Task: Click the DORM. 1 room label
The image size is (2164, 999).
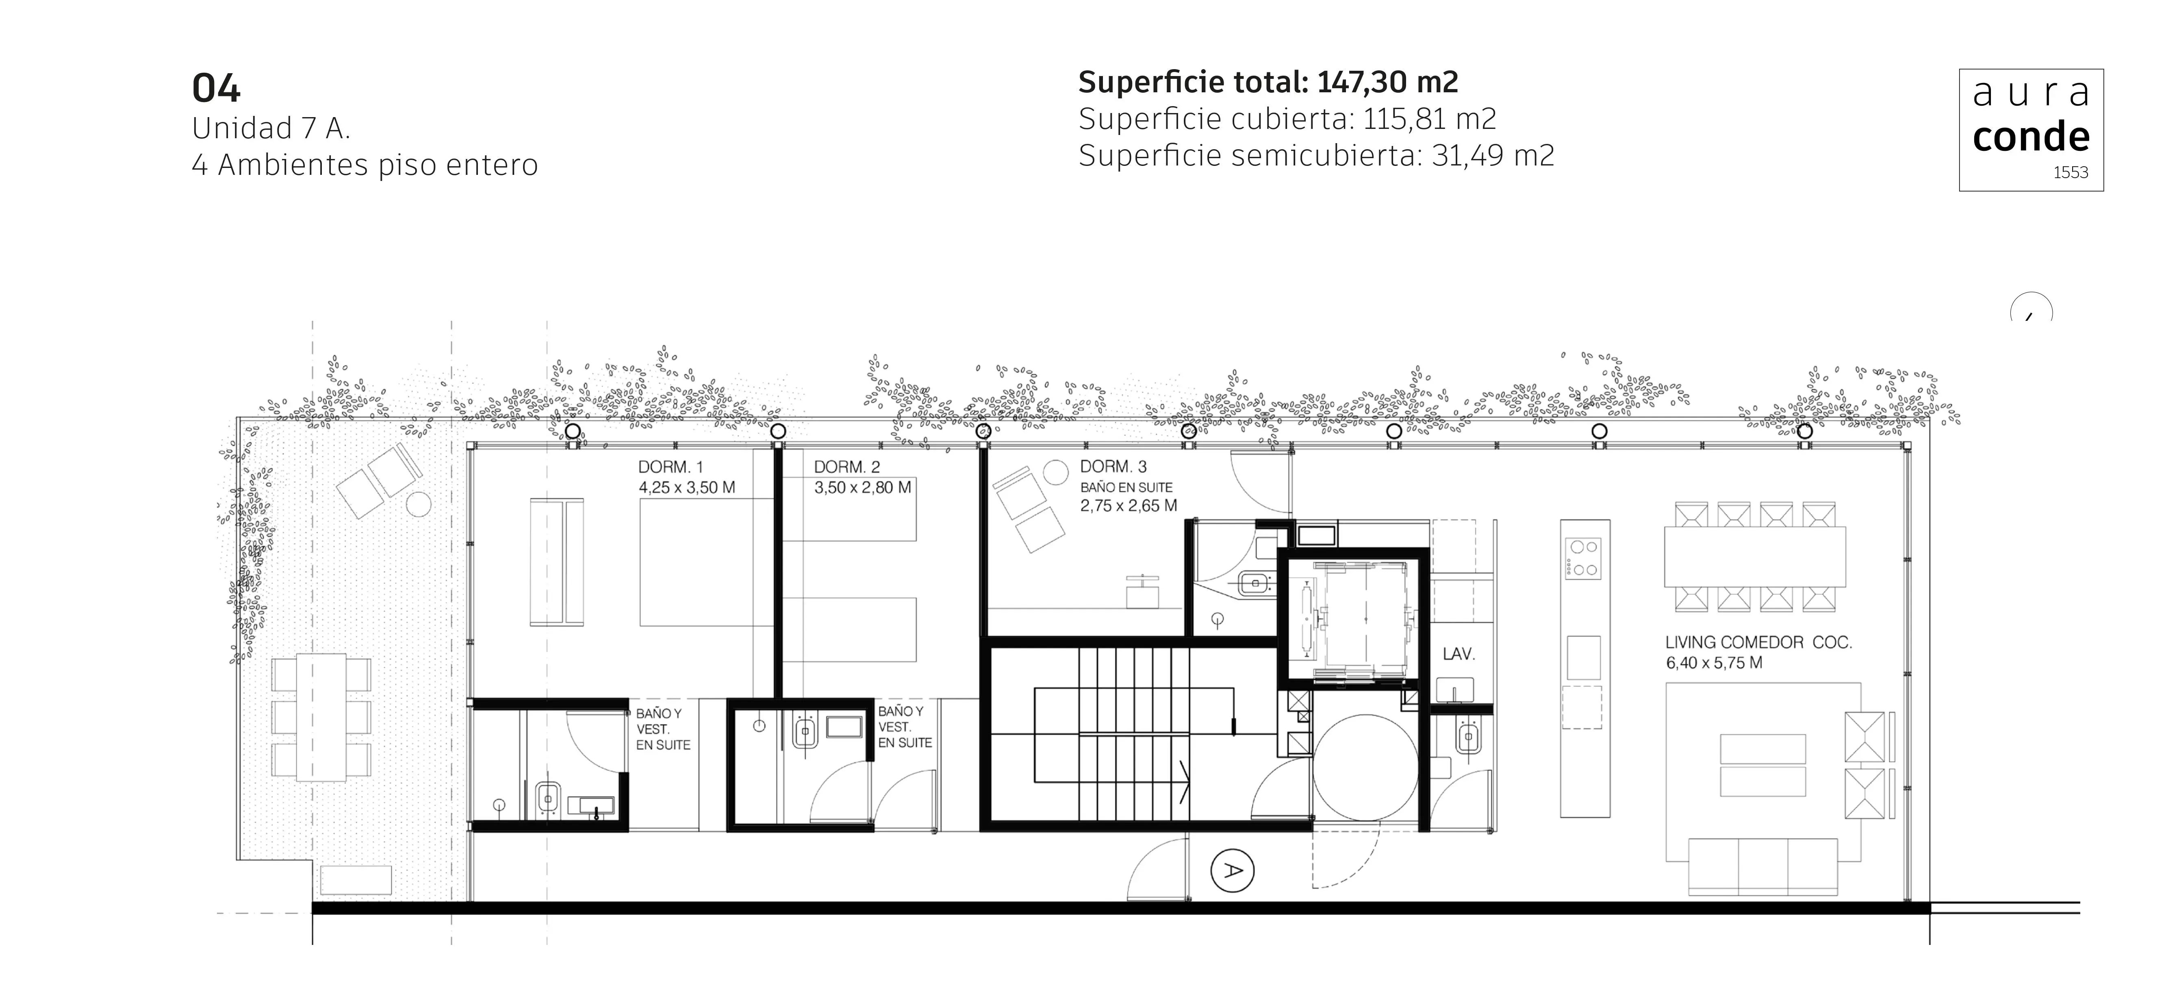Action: [671, 467]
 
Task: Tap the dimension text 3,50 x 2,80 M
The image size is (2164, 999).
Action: [862, 488]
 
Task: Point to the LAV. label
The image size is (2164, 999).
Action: [1459, 654]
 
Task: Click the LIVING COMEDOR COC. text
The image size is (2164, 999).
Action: [1758, 643]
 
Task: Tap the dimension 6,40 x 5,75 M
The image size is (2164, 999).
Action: [1714, 663]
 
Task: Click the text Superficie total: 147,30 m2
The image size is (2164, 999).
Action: [1268, 83]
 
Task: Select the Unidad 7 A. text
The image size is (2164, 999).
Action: [271, 128]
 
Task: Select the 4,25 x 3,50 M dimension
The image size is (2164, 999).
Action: [686, 488]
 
